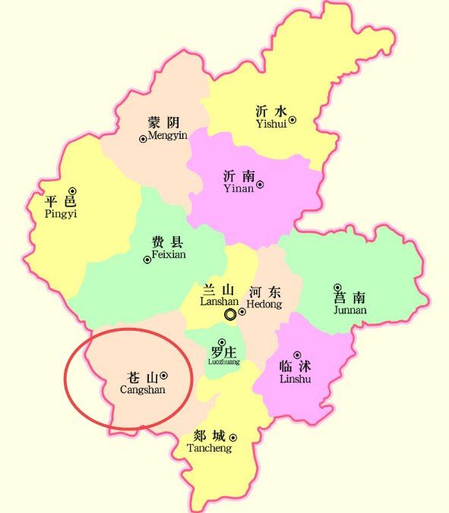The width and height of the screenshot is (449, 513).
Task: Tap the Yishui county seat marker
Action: pyautogui.click(x=292, y=119)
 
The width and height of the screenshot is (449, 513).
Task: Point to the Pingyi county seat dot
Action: pyautogui.click(x=73, y=190)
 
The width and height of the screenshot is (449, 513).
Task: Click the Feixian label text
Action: pyautogui.click(x=168, y=255)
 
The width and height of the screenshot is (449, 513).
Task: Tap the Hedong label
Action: pyautogui.click(x=264, y=304)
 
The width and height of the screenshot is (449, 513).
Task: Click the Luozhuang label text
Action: pyautogui.click(x=223, y=362)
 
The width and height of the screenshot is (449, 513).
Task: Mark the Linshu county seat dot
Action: pyautogui.click(x=296, y=354)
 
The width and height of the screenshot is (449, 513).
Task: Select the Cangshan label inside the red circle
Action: pyautogui.click(x=143, y=389)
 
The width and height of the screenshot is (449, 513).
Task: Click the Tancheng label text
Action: pyautogui.click(x=209, y=448)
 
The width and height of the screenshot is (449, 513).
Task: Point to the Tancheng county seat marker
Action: pyautogui.click(x=233, y=437)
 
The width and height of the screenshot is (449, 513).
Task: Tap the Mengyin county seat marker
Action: pyautogui.click(x=143, y=138)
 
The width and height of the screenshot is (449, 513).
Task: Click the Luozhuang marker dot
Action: pyautogui.click(x=222, y=342)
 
